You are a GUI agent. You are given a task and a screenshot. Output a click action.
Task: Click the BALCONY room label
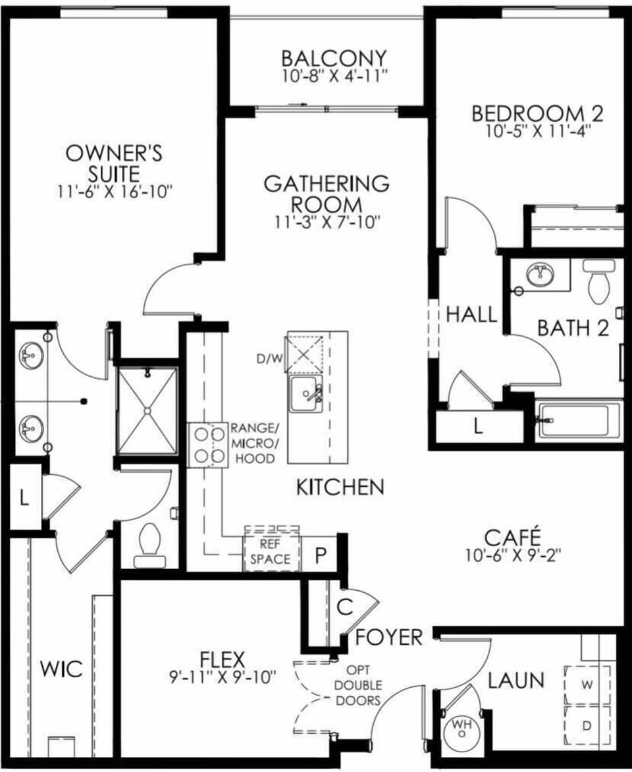point(334,58)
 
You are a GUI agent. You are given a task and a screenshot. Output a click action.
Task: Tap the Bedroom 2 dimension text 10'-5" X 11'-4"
point(537,132)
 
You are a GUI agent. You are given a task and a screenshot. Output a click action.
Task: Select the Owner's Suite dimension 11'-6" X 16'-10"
point(114,191)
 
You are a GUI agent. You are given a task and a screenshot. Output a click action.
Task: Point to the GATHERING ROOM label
point(327,194)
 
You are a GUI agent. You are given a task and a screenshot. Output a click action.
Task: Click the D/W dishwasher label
point(270,358)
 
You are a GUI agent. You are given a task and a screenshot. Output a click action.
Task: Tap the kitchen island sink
point(305,395)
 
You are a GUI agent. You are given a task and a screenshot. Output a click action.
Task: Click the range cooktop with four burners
point(208,445)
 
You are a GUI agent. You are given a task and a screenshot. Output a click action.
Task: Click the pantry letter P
point(321,556)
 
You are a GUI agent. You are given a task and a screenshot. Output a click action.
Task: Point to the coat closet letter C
point(345,607)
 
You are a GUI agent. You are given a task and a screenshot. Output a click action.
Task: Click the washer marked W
point(587,685)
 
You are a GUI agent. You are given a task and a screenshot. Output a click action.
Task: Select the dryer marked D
point(587,726)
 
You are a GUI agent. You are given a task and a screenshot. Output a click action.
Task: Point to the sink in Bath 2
point(539,274)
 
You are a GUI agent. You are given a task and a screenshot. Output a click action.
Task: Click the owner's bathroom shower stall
point(147,410)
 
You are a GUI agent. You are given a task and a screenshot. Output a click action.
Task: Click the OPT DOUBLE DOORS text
point(358,685)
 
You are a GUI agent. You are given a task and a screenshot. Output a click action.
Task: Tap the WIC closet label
point(61,669)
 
